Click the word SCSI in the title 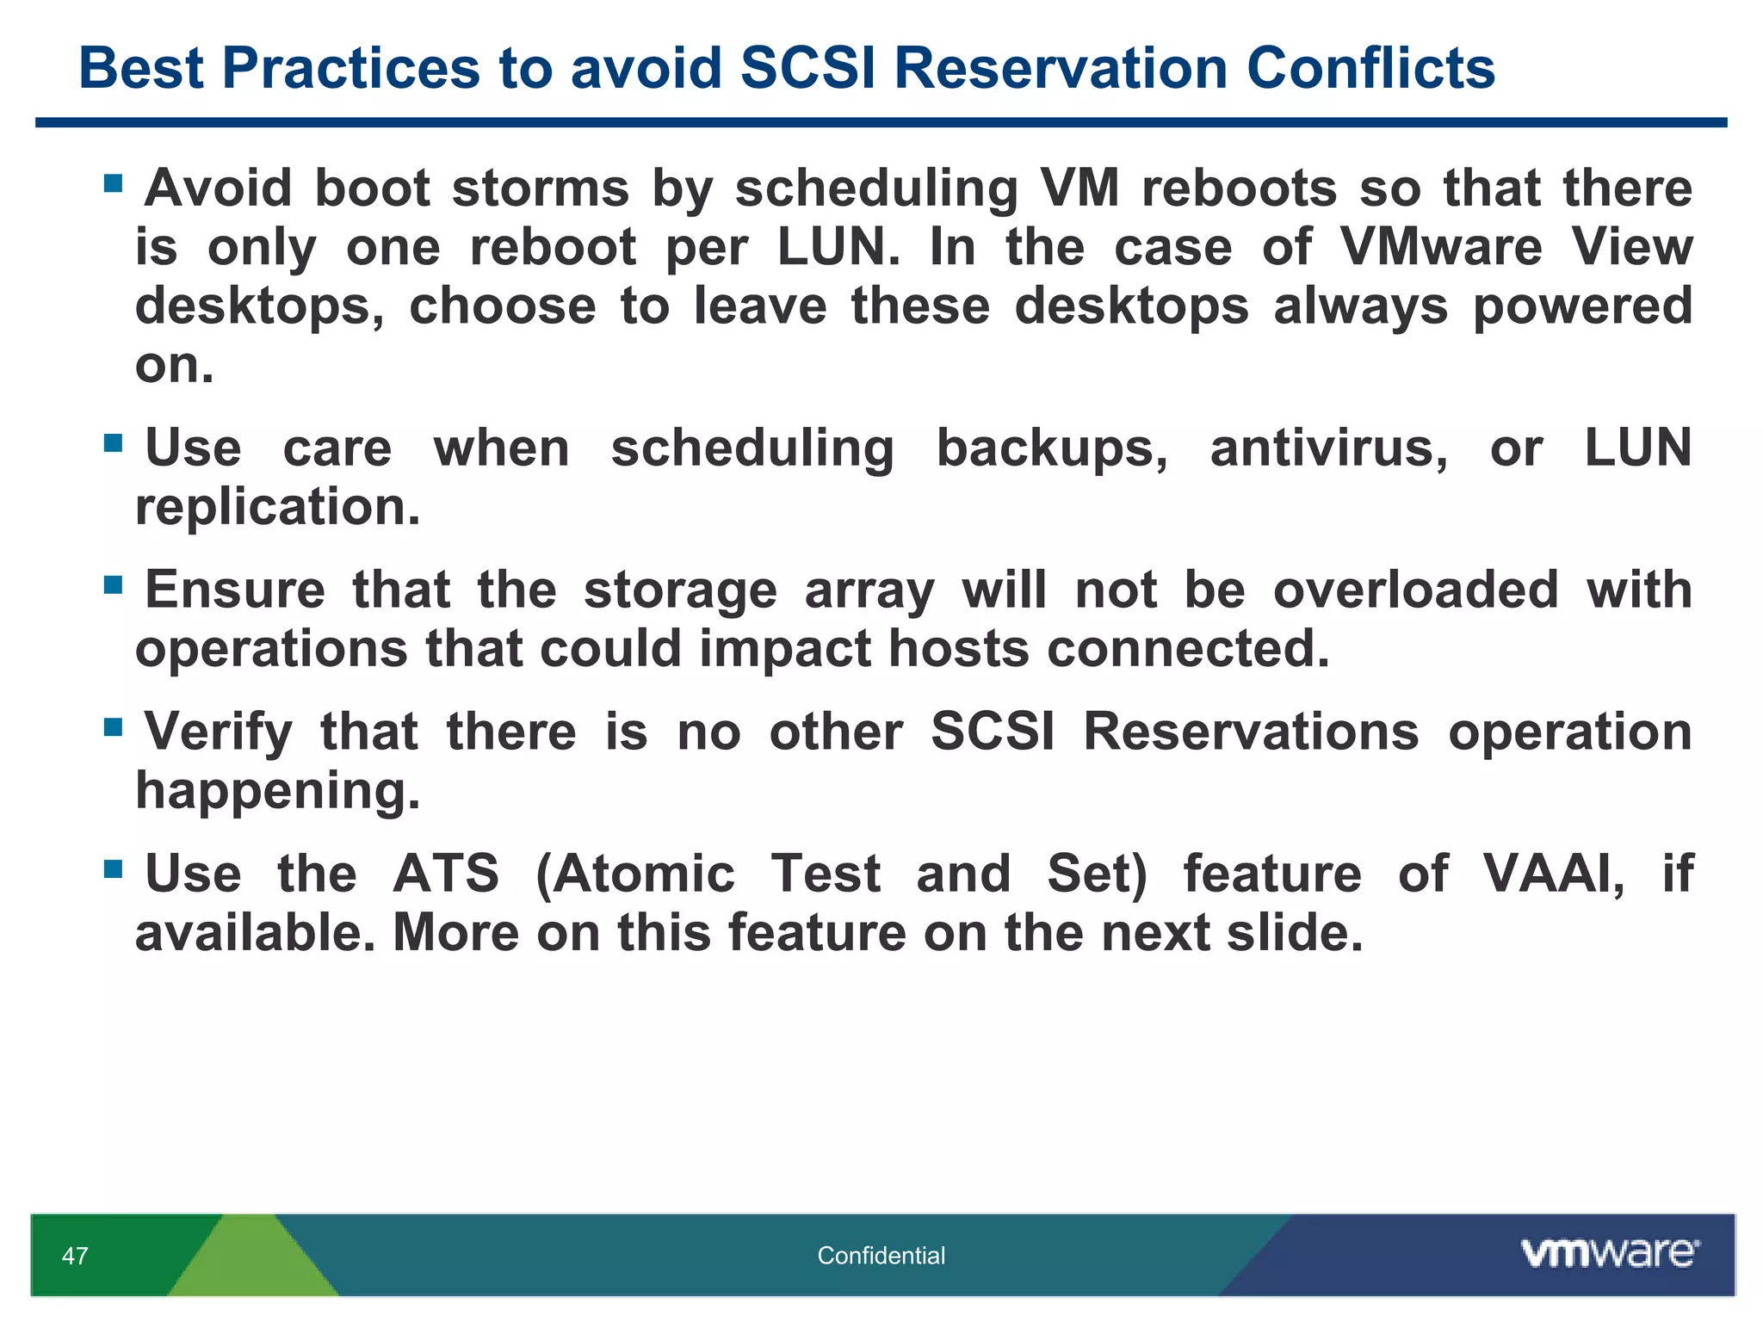click(807, 68)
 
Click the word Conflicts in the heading click(1370, 68)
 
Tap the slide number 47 click(75, 1256)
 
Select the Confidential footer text click(881, 1256)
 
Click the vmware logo click(1609, 1253)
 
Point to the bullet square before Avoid click(113, 183)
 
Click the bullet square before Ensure click(113, 585)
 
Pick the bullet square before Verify click(113, 727)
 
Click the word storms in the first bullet click(540, 188)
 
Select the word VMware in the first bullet click(1441, 247)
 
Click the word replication click(277, 507)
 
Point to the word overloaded click(1415, 590)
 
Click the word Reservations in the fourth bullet click(1250, 732)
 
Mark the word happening click(277, 791)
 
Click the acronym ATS click(446, 874)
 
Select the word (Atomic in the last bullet click(635, 874)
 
